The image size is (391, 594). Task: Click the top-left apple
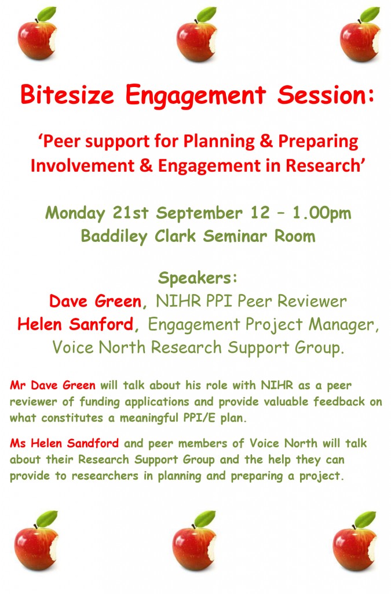[x=36, y=39]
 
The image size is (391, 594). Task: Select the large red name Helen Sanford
[x=75, y=324]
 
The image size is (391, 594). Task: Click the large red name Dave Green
[x=95, y=301]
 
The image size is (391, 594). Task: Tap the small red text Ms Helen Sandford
[x=64, y=444]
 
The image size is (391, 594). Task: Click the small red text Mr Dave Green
[x=53, y=385]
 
